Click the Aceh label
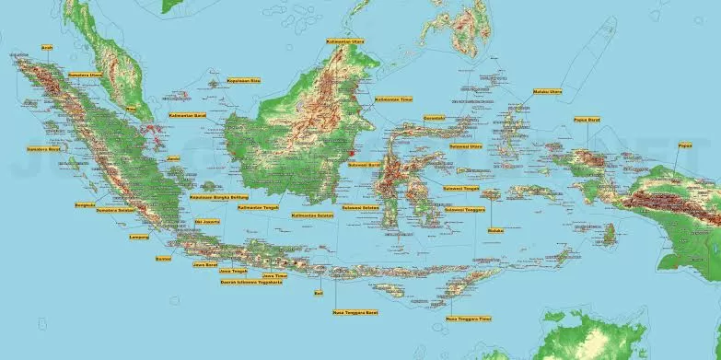[47, 46]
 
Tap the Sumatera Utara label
[85, 75]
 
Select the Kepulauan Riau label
[244, 80]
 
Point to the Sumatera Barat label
[43, 147]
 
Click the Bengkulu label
[85, 203]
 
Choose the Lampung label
[139, 237]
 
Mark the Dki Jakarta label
[206, 220]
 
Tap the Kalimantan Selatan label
[310, 215]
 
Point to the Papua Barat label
[587, 119]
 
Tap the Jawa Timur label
[275, 274]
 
